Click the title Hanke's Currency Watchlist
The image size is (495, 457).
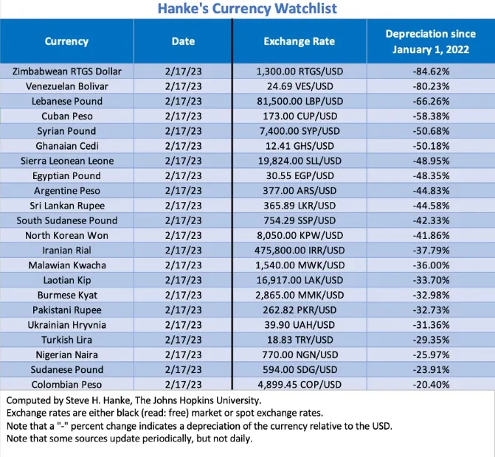point(247,9)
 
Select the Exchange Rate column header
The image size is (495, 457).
point(300,41)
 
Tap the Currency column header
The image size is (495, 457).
point(66,41)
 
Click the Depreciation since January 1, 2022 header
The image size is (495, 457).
point(431,41)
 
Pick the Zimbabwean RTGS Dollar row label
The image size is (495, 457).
point(67,71)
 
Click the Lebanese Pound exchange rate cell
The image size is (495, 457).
point(300,101)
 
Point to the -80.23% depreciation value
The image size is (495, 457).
point(431,86)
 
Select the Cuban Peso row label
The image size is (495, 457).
point(67,116)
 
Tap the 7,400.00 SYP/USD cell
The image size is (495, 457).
point(300,131)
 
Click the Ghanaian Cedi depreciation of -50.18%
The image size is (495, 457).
point(431,146)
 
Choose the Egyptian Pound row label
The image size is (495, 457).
point(66,175)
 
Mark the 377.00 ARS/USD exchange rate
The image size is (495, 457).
point(300,190)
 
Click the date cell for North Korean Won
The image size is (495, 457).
point(183,235)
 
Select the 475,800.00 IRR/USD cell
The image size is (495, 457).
point(300,250)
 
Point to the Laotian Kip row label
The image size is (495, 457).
point(67,280)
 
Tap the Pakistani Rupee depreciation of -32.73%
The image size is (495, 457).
point(431,310)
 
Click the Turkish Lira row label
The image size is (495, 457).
point(67,340)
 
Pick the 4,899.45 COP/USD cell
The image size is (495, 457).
point(300,385)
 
